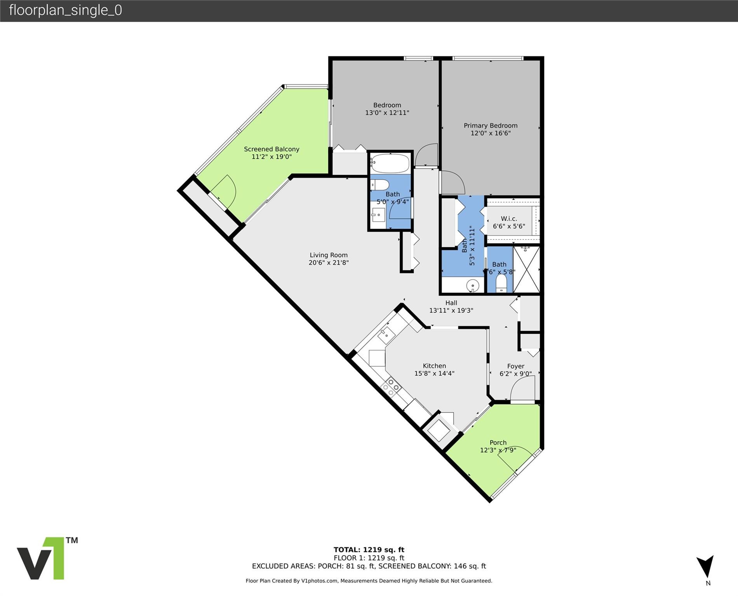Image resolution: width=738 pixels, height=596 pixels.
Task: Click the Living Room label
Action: [x=329, y=255]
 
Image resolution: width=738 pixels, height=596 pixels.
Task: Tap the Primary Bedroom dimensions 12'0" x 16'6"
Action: [x=490, y=133]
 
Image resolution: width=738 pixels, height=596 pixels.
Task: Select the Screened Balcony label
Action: [x=272, y=149]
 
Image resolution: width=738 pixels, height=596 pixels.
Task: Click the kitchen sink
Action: [x=386, y=334]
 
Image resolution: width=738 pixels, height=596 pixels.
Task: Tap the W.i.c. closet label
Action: [x=509, y=218]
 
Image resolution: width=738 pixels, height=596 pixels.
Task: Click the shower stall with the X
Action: [x=526, y=269]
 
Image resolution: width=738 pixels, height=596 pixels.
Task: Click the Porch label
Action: [x=498, y=442]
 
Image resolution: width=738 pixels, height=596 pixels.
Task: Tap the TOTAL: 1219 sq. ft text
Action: [x=369, y=549]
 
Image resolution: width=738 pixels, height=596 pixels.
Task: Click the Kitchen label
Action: [x=434, y=366]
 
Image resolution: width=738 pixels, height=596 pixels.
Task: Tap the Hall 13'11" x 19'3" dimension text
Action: [x=451, y=310]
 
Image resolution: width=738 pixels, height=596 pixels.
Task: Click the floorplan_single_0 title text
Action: [x=65, y=10]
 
